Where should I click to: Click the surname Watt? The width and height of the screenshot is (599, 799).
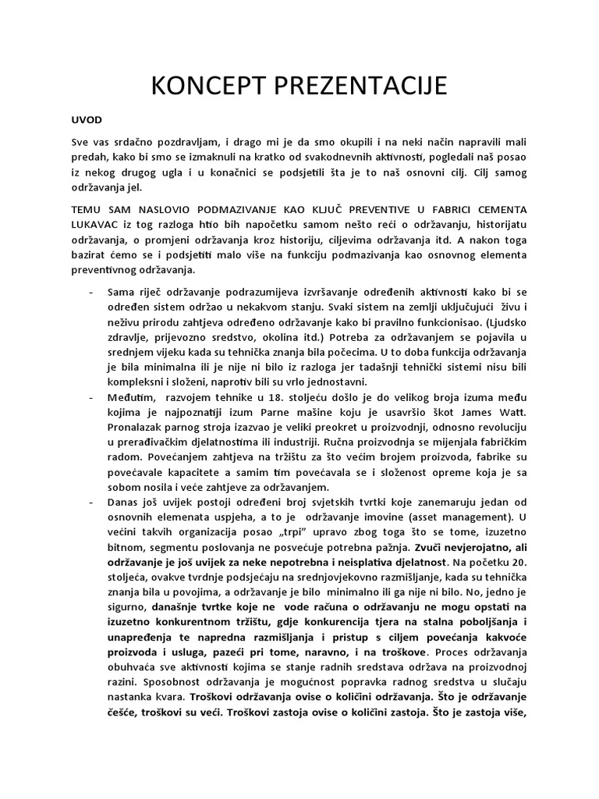(511, 412)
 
